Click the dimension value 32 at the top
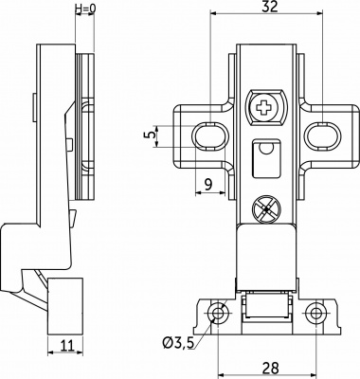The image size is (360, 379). click(270, 7)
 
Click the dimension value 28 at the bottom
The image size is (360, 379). click(271, 368)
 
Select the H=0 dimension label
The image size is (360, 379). click(85, 9)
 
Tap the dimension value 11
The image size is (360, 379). click(66, 346)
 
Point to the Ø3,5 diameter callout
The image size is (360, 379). click(178, 343)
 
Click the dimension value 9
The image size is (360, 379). click(208, 184)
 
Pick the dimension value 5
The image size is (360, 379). click(153, 135)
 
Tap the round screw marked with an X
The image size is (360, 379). click(267, 209)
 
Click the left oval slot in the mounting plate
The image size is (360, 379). click(210, 136)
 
